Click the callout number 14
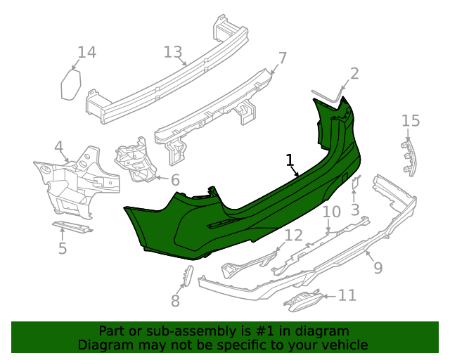coord(86,52)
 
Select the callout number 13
coord(173,51)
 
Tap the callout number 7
coord(282,58)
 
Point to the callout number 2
coord(354,73)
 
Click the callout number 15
coord(411,121)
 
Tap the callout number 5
coord(63,248)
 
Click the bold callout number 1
coord(289,160)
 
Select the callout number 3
coord(355,209)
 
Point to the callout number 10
coord(331,212)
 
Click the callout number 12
coord(293,236)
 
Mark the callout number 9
coord(378,267)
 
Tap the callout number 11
coord(347,295)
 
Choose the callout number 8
coord(175,300)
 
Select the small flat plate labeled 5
coord(72,226)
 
